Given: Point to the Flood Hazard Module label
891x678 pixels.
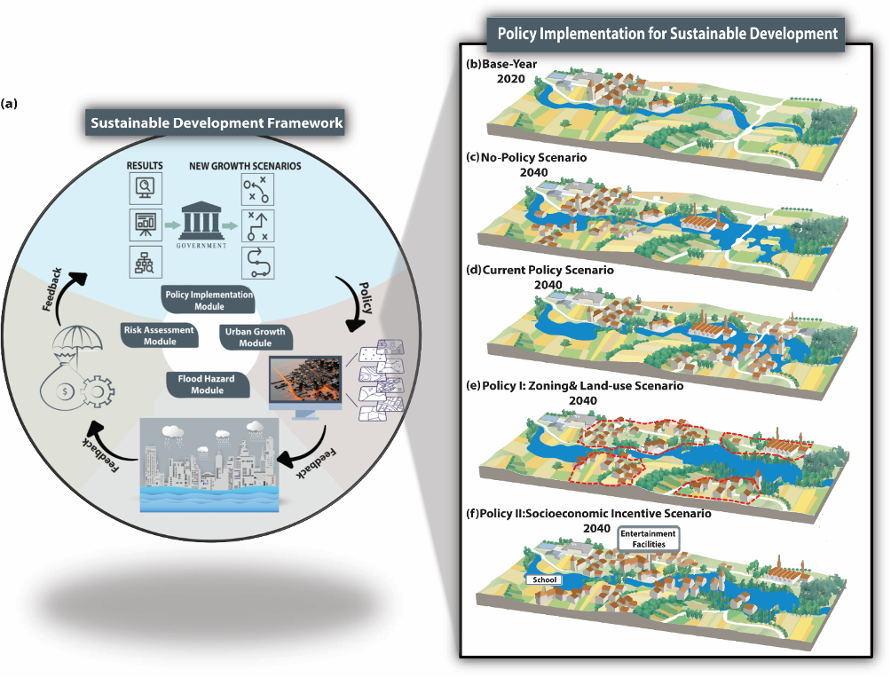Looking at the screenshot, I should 207,384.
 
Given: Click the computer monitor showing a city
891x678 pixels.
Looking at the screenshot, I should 304,382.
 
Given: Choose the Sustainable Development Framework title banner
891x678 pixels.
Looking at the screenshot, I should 217,123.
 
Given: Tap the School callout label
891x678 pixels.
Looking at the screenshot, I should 545,579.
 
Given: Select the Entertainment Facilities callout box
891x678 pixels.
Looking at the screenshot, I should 648,538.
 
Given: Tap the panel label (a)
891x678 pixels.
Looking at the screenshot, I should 9,103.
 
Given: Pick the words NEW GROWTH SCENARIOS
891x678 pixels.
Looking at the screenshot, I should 245,166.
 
